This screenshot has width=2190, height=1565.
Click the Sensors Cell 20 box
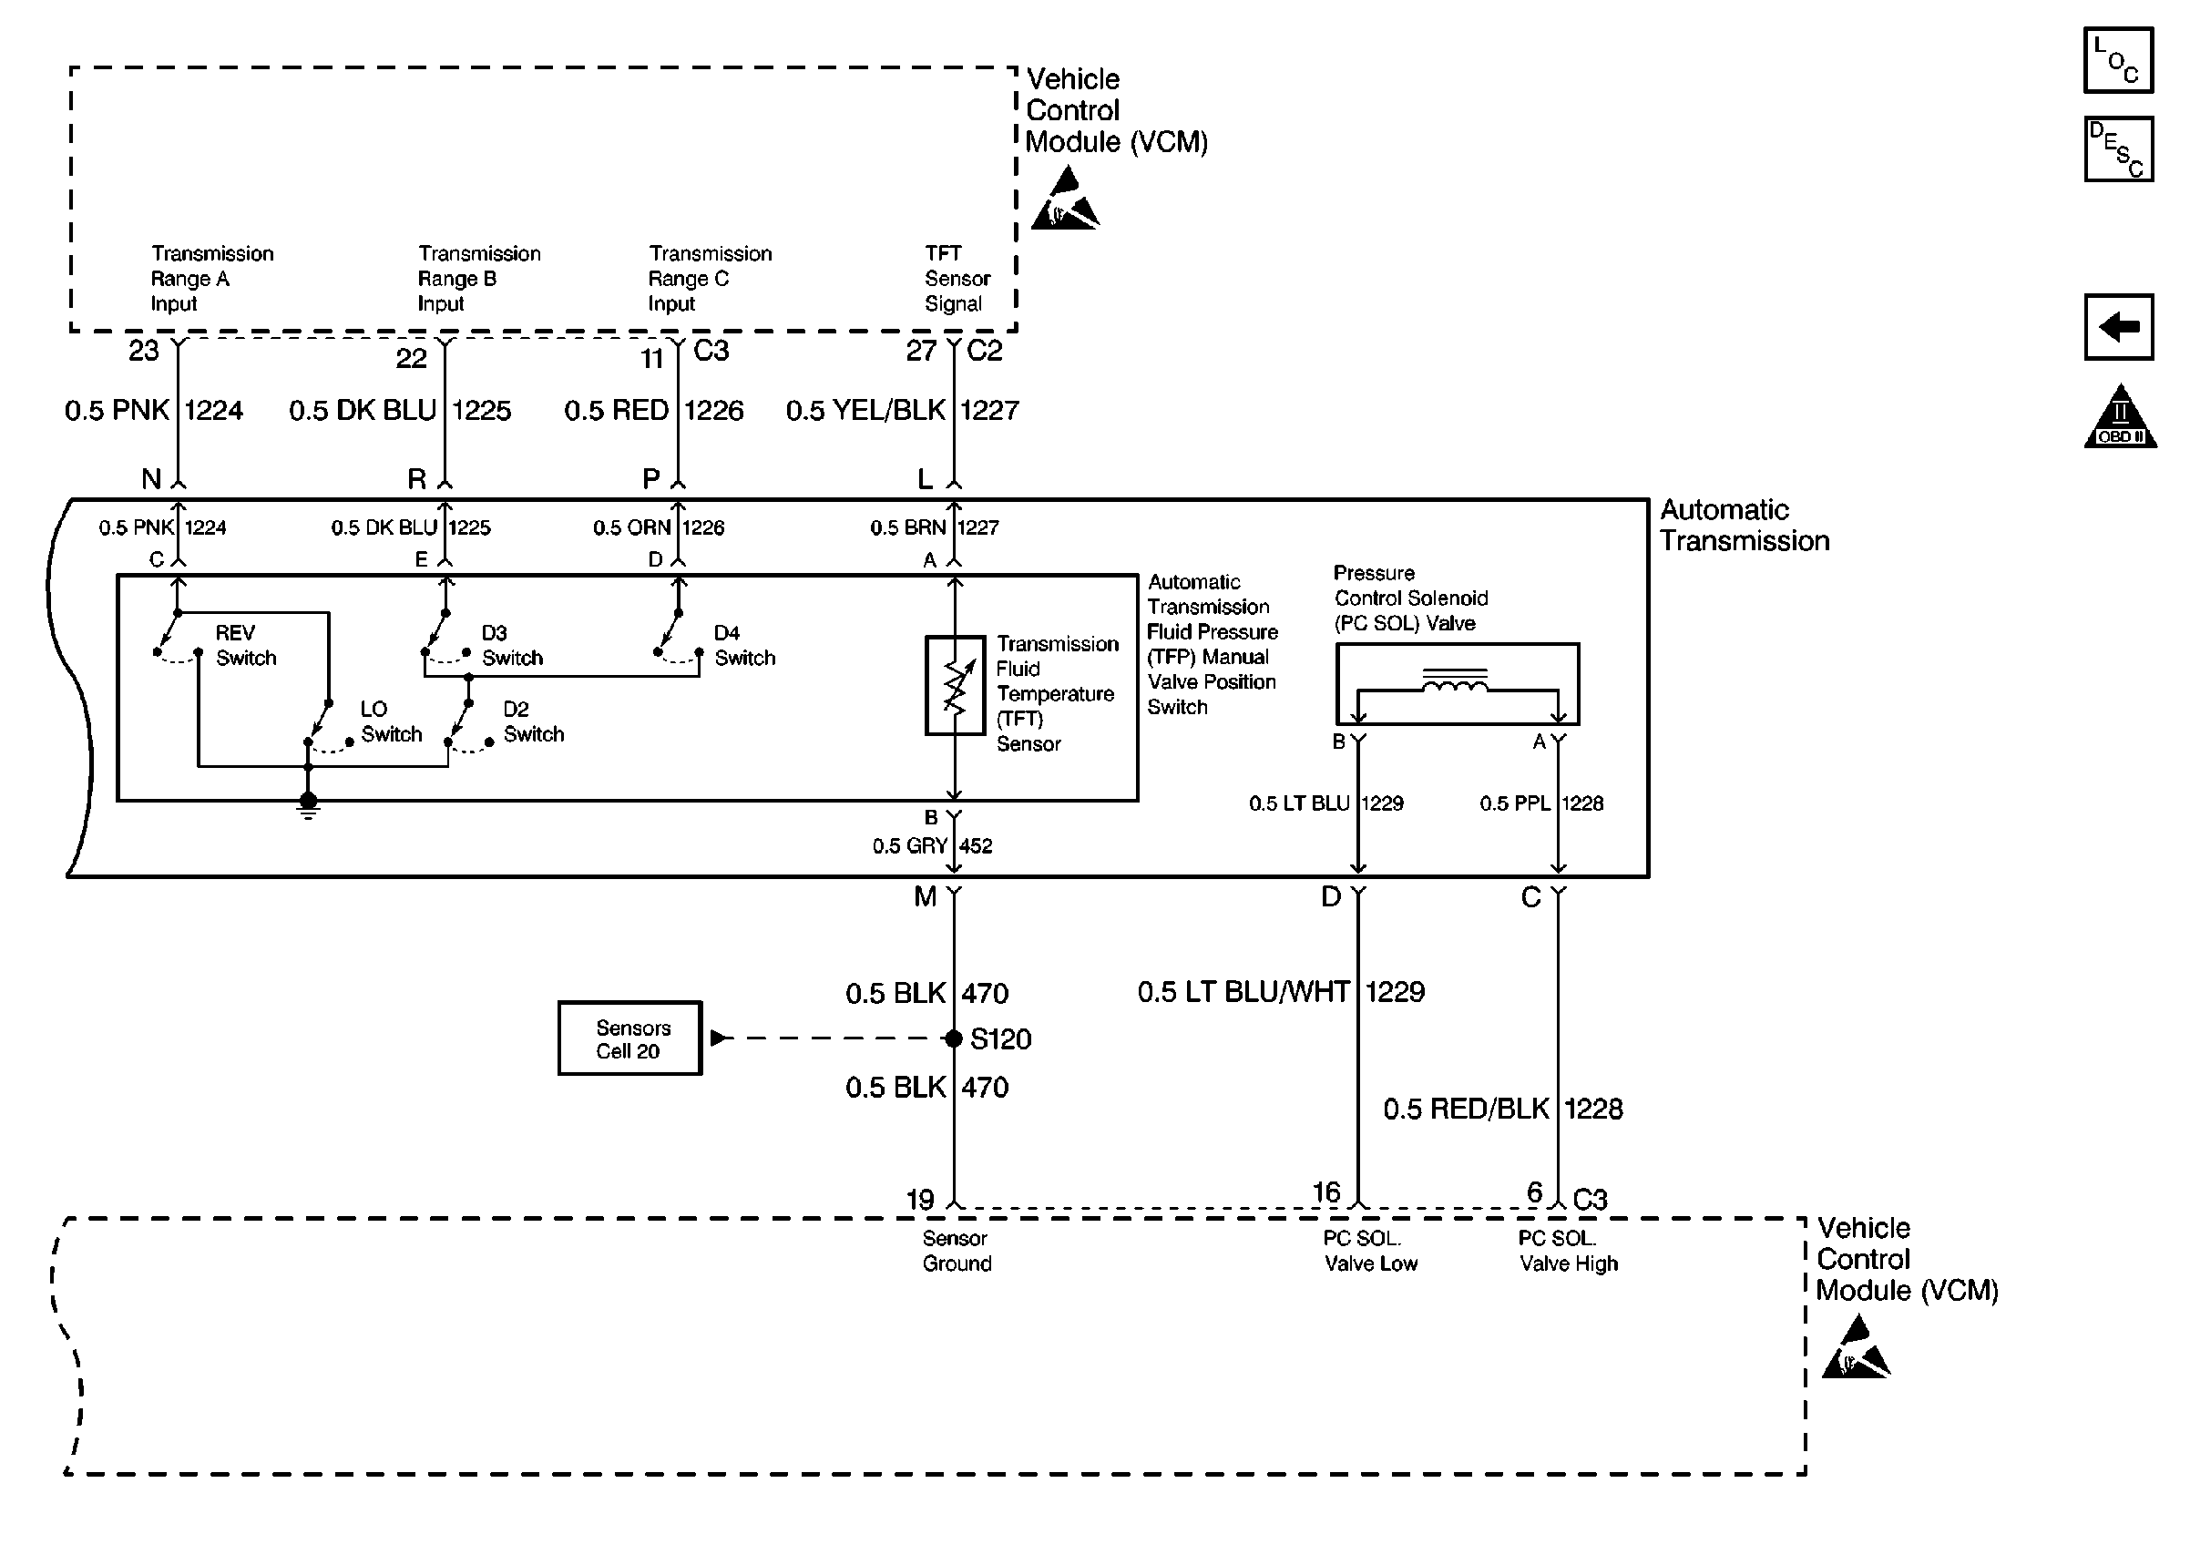click(x=629, y=1038)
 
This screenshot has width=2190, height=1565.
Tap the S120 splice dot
click(x=953, y=1038)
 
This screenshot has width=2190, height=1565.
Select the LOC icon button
click(x=2118, y=61)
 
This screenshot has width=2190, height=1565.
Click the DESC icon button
click(x=2118, y=149)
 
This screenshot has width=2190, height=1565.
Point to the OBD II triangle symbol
click(x=2120, y=419)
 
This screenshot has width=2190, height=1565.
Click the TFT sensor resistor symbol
click(x=954, y=685)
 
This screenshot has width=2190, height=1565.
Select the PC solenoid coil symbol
click(x=1455, y=683)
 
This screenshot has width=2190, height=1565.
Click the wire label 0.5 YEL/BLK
click(x=865, y=411)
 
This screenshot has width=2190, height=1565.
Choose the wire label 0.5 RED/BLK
click(x=1466, y=1110)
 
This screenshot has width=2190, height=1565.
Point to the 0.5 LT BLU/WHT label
click(x=1243, y=992)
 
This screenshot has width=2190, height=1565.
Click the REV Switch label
click(x=246, y=646)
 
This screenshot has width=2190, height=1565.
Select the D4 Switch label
click(x=743, y=646)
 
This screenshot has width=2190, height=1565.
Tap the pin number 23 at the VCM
click(x=144, y=351)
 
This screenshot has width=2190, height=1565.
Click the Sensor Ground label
click(x=956, y=1251)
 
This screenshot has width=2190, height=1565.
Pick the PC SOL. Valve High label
click(x=1568, y=1251)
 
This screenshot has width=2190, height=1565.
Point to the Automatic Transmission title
click(x=1744, y=526)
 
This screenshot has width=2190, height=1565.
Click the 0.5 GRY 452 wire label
click(x=932, y=846)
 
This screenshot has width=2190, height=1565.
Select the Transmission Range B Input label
click(x=479, y=279)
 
